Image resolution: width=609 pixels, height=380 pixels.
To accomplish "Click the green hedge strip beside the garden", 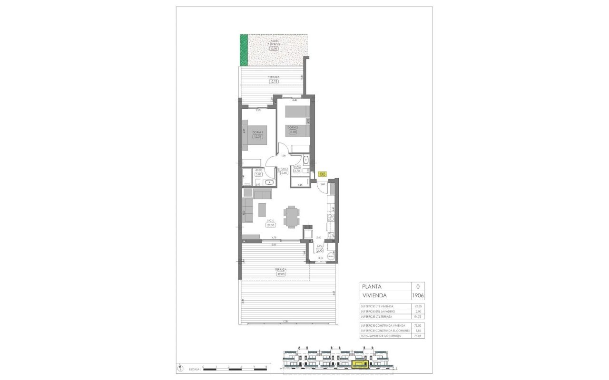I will (244, 50).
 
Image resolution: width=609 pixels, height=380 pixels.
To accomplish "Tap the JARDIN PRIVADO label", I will (273, 42).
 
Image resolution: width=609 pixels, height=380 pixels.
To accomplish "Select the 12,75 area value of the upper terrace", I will (273, 82).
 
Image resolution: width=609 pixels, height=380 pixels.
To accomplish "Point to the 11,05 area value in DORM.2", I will (293, 132).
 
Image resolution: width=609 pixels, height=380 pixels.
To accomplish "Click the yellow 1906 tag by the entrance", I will (323, 174).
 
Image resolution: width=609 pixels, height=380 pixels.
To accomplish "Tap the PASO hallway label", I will (285, 169).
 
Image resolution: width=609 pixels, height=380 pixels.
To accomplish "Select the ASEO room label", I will (259, 170).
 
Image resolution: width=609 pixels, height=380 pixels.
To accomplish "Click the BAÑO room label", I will (297, 168).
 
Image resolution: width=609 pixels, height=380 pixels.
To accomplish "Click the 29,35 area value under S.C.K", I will (271, 226).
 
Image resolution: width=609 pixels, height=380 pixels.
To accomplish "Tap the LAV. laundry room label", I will (320, 247).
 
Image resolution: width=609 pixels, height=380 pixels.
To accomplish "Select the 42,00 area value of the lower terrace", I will (281, 274).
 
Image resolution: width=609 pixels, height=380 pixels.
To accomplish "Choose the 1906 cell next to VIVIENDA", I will (418, 295).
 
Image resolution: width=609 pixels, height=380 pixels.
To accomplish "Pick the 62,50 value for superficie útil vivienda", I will (418, 307).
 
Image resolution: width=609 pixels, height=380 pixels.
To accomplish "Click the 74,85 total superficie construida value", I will (418, 336).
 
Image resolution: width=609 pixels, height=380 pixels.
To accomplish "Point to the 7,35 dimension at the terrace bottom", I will (285, 322).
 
